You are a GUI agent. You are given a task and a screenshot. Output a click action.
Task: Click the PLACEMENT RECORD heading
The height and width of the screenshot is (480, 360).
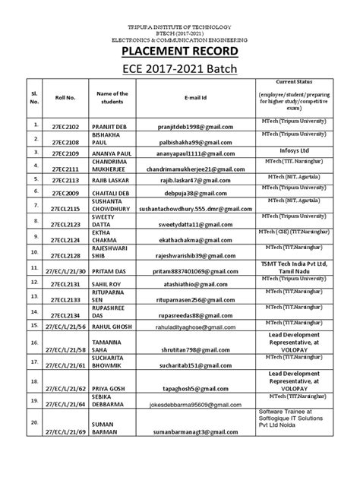pos(179,52)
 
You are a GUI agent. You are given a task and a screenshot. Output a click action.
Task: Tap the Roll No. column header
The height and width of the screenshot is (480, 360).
pos(55,96)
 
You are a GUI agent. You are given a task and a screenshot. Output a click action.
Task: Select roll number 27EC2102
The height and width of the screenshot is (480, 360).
pos(54,125)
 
